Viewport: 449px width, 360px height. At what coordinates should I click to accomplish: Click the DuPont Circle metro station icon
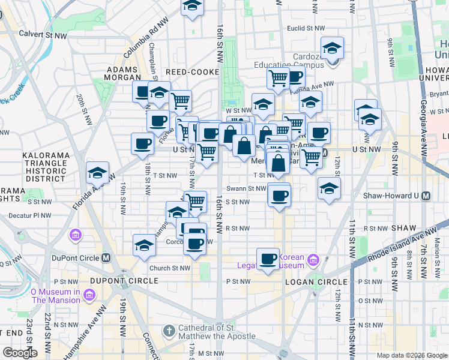pyautogui.click(x=106, y=258)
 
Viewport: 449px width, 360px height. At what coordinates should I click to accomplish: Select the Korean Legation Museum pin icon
pyautogui.click(x=312, y=260)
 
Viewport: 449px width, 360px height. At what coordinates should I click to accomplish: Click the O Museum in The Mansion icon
pyautogui.click(x=89, y=295)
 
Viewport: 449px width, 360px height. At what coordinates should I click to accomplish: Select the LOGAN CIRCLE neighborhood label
pyautogui.click(x=317, y=281)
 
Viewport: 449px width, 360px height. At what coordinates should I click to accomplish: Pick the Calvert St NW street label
pyautogui.click(x=43, y=35)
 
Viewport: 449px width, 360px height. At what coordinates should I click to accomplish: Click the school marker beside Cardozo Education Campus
pyautogui.click(x=331, y=49)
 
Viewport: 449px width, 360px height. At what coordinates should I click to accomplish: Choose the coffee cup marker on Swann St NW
pyautogui.click(x=279, y=195)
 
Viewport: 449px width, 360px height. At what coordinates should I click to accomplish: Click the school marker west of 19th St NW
pyautogui.click(x=97, y=173)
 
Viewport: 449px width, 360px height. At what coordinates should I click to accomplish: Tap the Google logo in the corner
pyautogui.click(x=20, y=353)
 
